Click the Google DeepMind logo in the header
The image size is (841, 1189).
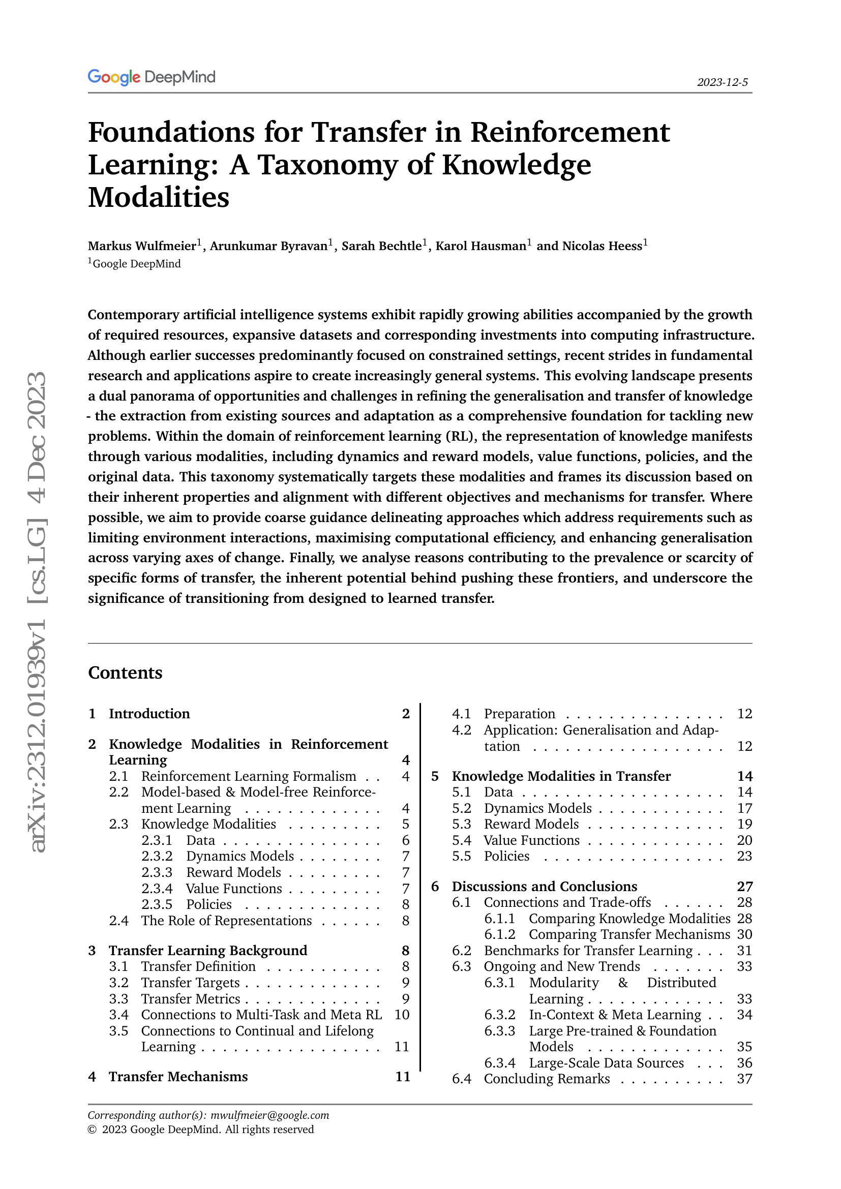(x=151, y=77)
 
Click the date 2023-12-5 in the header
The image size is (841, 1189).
(x=722, y=82)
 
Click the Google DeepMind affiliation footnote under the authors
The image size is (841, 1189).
(x=136, y=264)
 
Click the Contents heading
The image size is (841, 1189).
(x=125, y=673)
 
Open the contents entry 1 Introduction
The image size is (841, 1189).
(x=149, y=714)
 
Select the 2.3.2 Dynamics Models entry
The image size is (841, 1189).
(x=240, y=856)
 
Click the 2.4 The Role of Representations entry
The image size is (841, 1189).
(x=226, y=920)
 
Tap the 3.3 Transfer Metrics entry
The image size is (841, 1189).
(x=191, y=998)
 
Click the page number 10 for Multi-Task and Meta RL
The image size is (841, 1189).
(x=401, y=1015)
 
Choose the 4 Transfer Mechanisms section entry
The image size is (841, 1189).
(x=177, y=1077)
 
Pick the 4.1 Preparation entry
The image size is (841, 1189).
(x=519, y=714)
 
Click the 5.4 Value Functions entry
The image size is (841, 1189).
(x=531, y=840)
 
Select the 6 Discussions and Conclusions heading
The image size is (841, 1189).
(x=544, y=886)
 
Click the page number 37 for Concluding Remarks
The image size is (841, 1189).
(x=744, y=1079)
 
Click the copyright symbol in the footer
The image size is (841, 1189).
(x=92, y=1130)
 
